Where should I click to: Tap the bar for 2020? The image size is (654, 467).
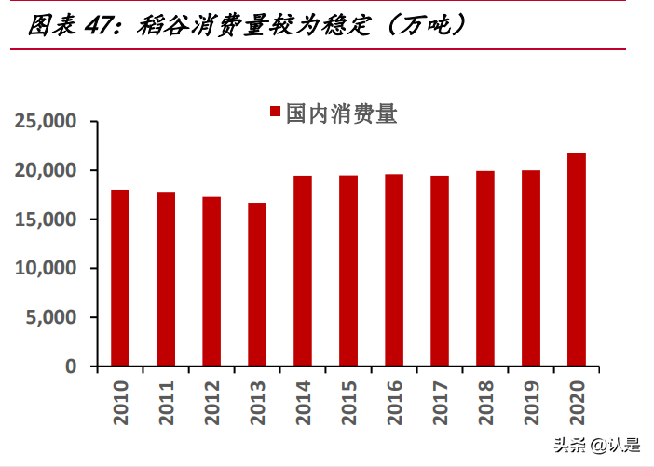pos(577,260)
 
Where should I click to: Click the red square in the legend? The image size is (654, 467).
pos(276,113)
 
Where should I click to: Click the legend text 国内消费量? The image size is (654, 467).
pos(343,113)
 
